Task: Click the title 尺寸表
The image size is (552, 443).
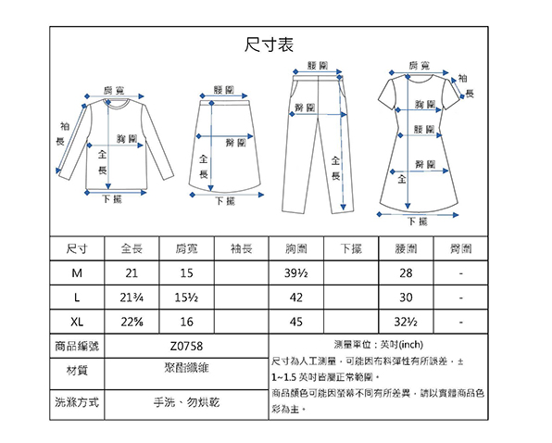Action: (269, 44)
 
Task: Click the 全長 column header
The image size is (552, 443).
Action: (132, 248)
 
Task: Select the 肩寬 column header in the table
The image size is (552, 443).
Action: (186, 248)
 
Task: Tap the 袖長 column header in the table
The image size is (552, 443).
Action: (242, 248)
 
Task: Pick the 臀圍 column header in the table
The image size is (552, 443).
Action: (461, 248)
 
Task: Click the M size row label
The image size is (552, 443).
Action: (77, 272)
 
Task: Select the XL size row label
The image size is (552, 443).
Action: (77, 322)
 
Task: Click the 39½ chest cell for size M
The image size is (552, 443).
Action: (296, 272)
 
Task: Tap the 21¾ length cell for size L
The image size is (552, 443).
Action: (132, 297)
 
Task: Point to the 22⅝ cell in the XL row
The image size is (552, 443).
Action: (132, 322)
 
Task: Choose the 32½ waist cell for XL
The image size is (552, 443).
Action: (406, 322)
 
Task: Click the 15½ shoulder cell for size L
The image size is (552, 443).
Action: (186, 297)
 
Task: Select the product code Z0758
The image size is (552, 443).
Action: (186, 347)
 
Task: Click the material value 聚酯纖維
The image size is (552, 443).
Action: (186, 368)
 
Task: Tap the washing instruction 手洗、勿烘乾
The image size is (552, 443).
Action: (186, 402)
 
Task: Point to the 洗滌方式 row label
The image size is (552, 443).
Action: (77, 402)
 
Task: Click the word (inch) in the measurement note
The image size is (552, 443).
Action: (411, 345)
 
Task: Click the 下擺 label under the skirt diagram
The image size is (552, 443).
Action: (225, 201)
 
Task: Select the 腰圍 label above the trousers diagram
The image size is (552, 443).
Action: (318, 66)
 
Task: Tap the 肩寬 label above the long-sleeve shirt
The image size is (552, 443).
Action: (114, 91)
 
